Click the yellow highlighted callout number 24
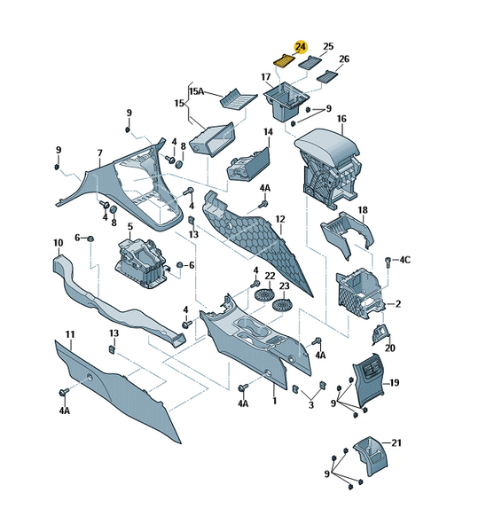point(301,47)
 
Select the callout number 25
point(328,46)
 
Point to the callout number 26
point(344,59)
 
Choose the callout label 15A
point(196,91)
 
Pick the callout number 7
point(99,153)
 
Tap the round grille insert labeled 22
point(263,293)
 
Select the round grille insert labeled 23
point(281,305)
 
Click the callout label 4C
point(404,260)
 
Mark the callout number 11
point(70,334)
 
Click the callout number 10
point(59,243)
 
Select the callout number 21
point(396,442)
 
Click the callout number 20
point(390,348)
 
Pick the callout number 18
point(363,210)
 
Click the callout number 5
point(130,226)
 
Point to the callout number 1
point(275,401)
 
